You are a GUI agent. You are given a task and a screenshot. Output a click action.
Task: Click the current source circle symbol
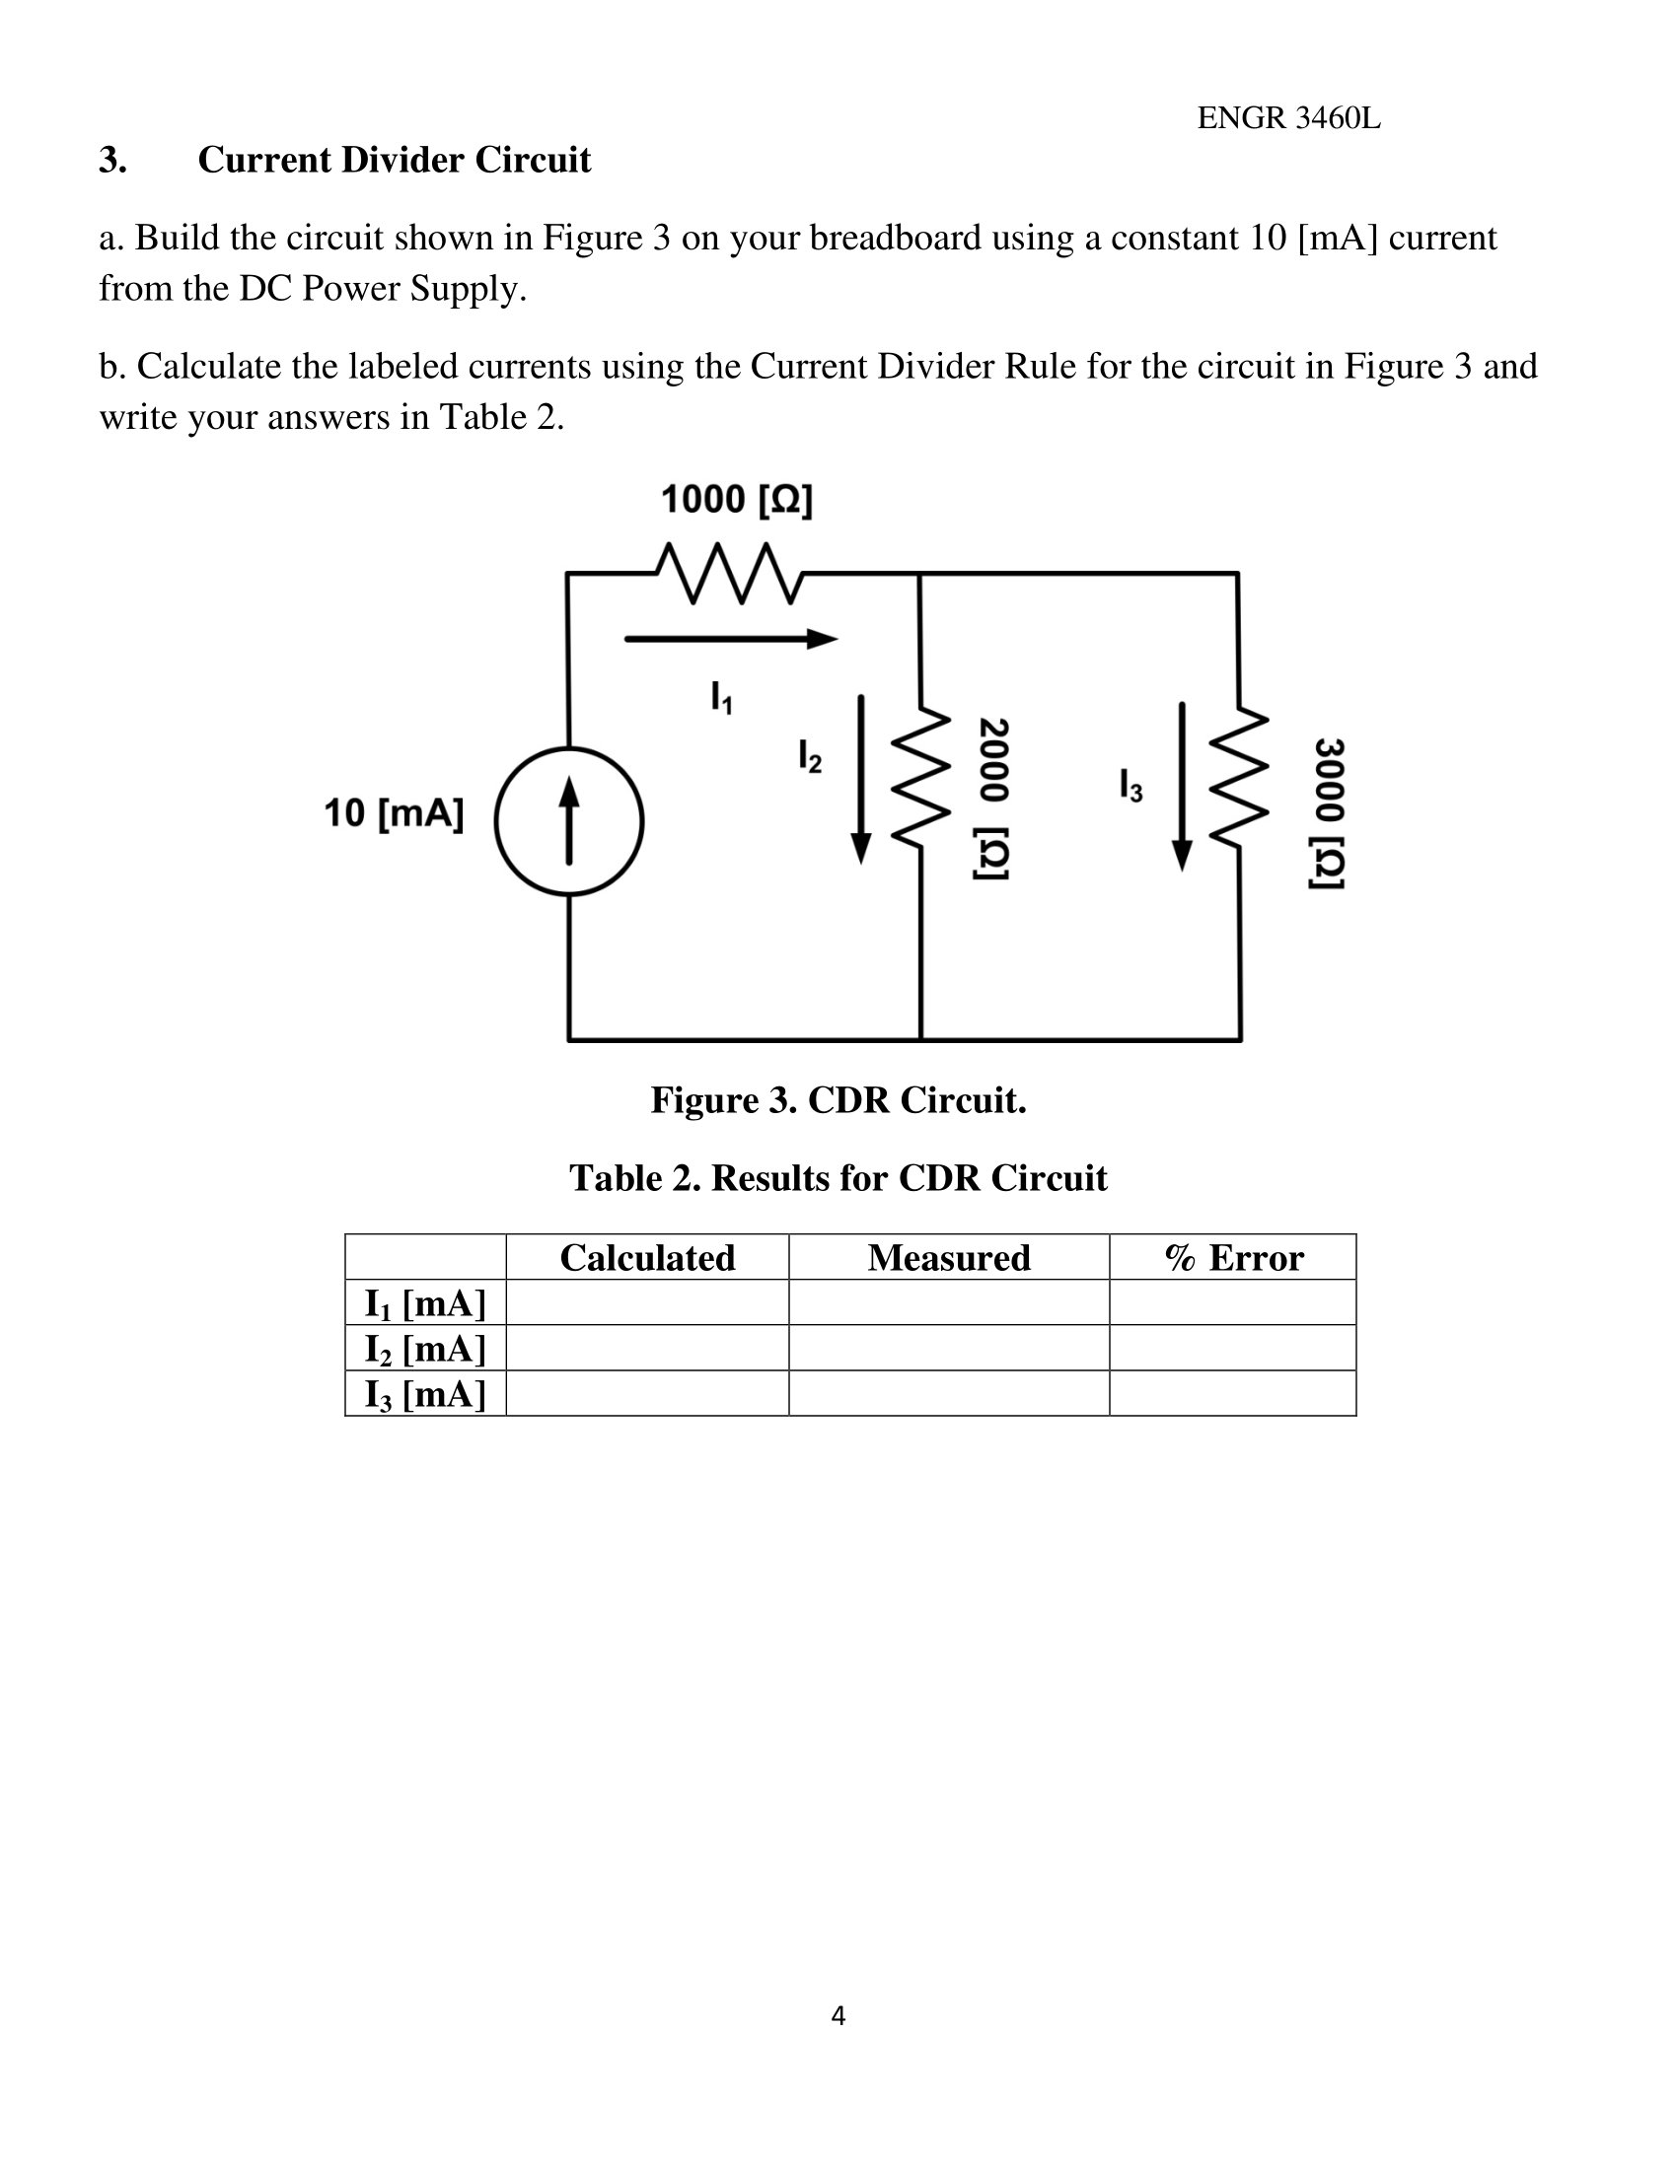(569, 821)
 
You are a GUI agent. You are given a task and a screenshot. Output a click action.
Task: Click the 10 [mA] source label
(394, 813)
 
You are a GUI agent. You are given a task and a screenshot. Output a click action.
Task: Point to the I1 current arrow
(731, 640)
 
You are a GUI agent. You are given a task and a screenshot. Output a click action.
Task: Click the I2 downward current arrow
(861, 779)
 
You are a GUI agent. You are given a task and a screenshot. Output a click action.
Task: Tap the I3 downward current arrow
(1181, 786)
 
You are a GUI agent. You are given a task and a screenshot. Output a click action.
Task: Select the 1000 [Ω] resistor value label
(736, 500)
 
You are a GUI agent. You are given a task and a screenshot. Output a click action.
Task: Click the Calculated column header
(647, 1257)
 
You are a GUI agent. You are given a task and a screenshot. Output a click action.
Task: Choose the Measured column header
(949, 1257)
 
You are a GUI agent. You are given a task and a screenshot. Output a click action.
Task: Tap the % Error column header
(1233, 1257)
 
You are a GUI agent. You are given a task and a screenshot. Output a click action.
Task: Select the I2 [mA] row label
(425, 1348)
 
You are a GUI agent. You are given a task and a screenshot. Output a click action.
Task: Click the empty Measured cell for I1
(949, 1302)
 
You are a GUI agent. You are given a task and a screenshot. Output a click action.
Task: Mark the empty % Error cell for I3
(1233, 1393)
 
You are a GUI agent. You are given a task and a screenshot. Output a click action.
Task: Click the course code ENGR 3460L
(1288, 118)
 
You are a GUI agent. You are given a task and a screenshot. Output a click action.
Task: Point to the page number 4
(838, 2016)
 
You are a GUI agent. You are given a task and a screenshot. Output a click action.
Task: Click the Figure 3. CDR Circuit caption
(838, 1100)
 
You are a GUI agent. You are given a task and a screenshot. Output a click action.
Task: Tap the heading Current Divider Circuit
(395, 160)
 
